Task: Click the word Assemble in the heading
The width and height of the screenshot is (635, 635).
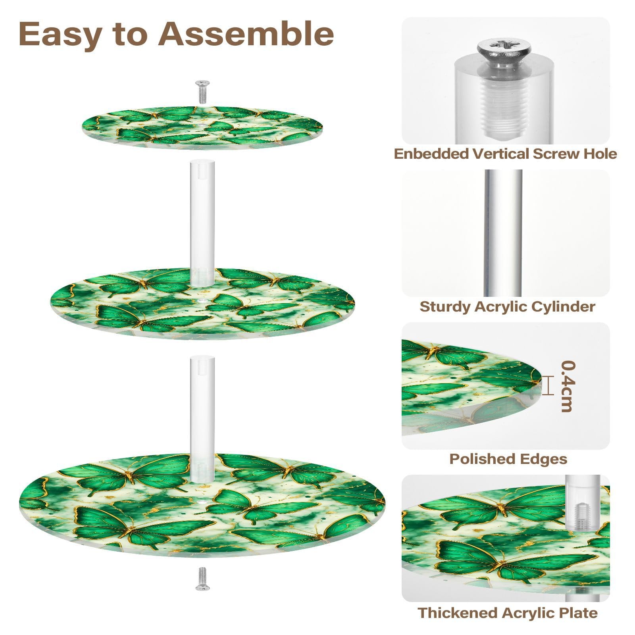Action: [246, 34]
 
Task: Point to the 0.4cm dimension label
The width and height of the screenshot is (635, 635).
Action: [568, 386]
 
